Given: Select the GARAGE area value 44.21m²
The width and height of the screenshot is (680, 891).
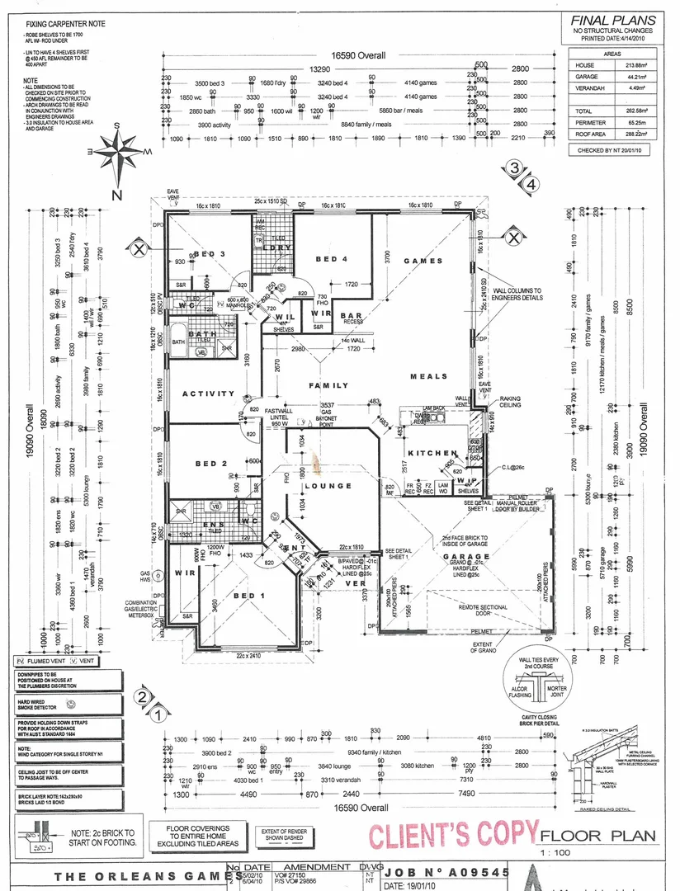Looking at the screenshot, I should point(631,75).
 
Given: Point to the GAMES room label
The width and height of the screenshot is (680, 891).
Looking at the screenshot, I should point(423,261).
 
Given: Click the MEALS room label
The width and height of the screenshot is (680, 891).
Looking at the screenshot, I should point(429,377).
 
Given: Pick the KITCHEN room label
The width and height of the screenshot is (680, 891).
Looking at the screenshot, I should point(432,453).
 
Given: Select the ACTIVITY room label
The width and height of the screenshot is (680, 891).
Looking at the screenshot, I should point(209,394).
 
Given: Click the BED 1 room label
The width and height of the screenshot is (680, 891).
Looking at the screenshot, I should point(251,596).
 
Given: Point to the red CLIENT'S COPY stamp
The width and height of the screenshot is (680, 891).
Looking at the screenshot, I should point(452,836).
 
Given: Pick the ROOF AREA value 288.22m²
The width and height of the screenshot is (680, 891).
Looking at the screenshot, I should point(631,133).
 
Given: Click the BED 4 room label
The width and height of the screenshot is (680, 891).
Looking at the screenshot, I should point(331,259).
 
